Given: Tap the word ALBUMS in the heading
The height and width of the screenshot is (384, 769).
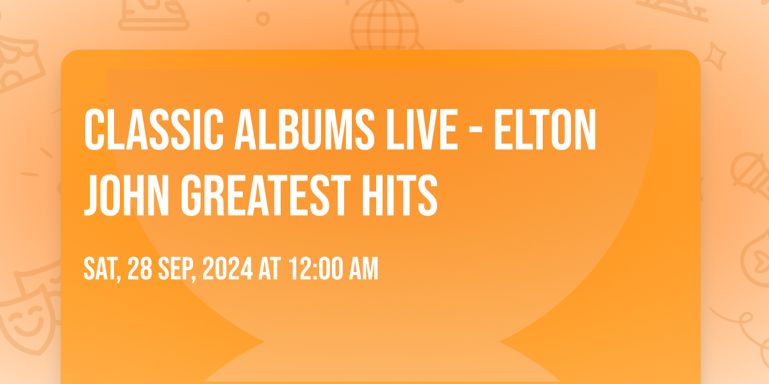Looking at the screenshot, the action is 304,129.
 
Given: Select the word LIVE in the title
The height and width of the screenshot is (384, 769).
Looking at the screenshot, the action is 422,129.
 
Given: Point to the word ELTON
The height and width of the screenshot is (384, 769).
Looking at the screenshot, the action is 545,129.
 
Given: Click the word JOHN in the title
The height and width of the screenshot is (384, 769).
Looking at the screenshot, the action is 126,195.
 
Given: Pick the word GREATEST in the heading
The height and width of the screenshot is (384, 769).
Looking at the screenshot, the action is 266,195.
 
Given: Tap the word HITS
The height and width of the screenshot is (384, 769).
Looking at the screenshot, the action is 400,195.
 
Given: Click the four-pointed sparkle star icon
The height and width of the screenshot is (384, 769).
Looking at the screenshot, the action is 715,56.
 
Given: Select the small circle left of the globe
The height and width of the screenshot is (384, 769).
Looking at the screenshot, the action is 263,19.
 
